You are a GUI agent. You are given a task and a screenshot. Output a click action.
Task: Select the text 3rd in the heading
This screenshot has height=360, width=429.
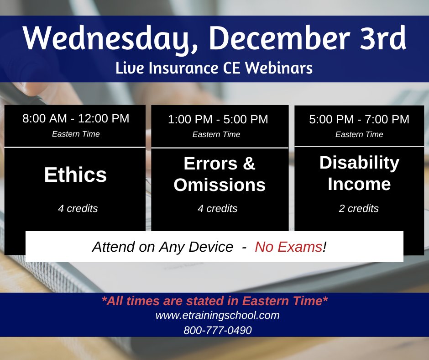(381, 39)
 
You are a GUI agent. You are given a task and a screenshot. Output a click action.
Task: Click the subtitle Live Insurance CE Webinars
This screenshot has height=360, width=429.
(214, 68)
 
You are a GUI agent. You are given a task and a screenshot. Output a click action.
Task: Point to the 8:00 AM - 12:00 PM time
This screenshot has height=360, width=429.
(76, 118)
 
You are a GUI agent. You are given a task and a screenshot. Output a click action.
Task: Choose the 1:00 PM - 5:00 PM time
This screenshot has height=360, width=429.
(218, 119)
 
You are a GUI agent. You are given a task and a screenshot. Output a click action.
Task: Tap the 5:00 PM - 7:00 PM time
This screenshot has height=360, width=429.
(359, 119)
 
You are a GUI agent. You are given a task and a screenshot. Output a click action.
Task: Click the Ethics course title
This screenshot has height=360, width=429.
(76, 175)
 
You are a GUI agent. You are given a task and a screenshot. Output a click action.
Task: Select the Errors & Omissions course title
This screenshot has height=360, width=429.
(220, 175)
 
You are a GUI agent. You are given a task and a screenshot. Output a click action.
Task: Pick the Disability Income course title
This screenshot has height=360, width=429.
(359, 173)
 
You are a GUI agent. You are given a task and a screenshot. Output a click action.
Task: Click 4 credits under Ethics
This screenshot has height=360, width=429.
(78, 208)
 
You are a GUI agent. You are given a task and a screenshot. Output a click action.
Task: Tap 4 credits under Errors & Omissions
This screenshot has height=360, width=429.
(217, 208)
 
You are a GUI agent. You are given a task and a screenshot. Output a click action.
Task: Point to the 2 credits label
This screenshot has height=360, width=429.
(359, 208)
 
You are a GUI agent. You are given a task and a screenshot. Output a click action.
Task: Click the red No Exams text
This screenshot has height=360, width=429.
(288, 247)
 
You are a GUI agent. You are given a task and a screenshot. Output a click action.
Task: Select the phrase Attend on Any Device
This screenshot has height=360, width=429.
(162, 247)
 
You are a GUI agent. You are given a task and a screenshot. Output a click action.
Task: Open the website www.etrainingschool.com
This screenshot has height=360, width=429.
(217, 315)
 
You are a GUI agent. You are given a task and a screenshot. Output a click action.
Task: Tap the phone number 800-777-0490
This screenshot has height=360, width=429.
(217, 330)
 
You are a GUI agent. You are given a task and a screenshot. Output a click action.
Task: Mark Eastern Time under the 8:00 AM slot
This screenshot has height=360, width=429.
(76, 134)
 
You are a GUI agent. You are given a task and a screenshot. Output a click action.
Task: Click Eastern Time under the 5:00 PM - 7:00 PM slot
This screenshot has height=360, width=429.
(359, 134)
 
